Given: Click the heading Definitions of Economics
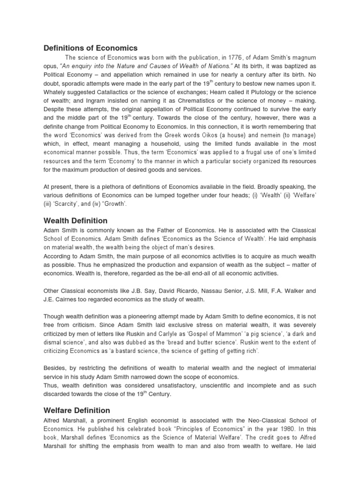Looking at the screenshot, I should click(90, 48).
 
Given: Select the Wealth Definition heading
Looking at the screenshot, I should click(75, 220).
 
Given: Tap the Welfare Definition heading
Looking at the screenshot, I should click(77, 410).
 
